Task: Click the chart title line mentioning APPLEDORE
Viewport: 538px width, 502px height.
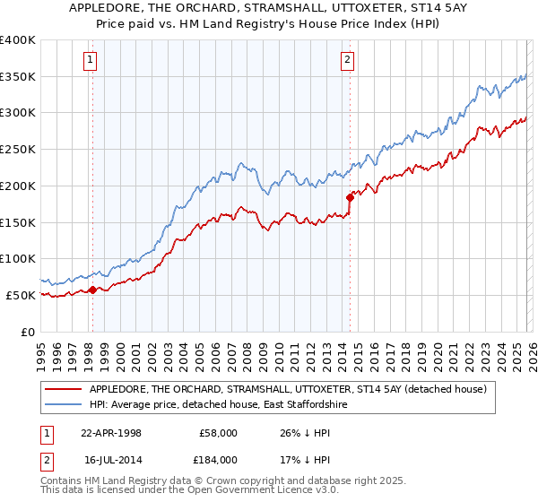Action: (268, 9)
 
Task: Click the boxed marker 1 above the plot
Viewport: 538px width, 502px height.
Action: (91, 61)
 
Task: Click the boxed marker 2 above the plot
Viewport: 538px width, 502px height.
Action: (347, 61)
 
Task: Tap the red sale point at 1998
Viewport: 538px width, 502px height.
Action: (92, 289)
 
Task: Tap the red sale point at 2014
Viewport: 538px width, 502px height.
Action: (350, 197)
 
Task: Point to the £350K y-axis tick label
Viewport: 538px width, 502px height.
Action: (18, 77)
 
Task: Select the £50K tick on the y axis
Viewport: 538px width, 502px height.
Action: (21, 295)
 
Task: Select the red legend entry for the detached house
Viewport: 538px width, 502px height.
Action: (287, 389)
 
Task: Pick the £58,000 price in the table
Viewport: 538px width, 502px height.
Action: (218, 432)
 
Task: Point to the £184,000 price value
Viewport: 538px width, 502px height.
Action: (218, 459)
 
